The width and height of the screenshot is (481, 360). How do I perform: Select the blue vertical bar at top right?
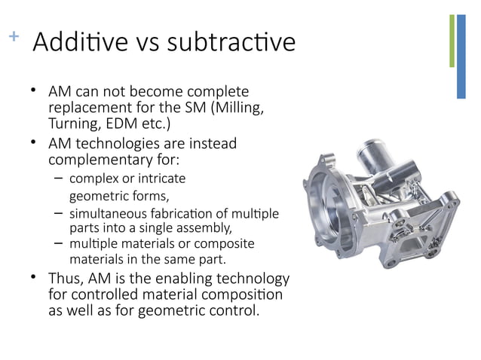click(x=461, y=56)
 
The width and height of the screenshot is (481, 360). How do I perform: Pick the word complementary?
click(x=97, y=160)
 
